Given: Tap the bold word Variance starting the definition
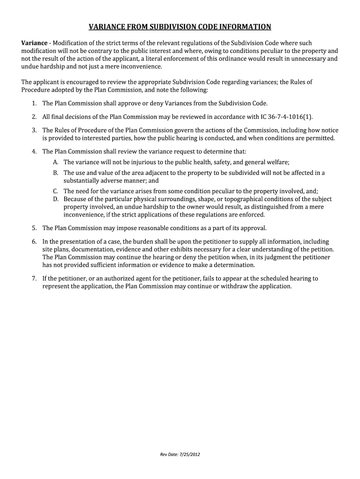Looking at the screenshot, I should point(36,43).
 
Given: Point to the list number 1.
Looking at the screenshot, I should point(34,103).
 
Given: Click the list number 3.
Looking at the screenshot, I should point(34,130).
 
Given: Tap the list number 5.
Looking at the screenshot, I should point(34,228).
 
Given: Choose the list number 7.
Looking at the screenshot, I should point(34,278).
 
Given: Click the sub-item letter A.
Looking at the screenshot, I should point(55,162).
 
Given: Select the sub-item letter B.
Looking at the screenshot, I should point(55,173).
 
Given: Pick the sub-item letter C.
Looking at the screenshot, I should point(55,191).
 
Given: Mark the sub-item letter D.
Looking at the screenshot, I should point(55,199).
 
